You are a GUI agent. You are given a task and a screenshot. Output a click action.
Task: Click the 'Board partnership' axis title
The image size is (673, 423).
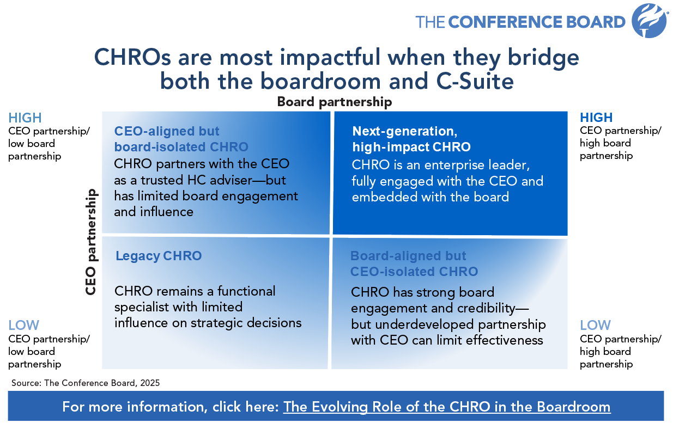click(335, 102)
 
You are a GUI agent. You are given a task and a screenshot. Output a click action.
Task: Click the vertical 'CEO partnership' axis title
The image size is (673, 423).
click(91, 242)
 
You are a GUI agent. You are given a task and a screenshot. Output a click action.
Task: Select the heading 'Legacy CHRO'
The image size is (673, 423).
click(159, 256)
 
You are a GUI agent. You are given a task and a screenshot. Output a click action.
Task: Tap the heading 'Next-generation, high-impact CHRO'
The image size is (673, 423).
click(411, 139)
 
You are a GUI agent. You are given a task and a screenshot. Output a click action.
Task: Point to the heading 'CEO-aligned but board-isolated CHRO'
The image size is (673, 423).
click(181, 139)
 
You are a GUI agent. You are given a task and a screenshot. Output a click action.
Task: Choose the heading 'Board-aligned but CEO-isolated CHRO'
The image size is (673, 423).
click(414, 263)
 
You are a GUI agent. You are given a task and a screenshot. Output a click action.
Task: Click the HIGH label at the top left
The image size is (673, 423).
click(25, 118)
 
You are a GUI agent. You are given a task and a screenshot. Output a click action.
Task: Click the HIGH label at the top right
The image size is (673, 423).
click(596, 118)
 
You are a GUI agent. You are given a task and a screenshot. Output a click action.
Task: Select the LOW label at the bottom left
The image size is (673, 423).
click(24, 326)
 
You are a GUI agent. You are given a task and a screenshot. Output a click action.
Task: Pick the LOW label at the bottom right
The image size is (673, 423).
click(595, 326)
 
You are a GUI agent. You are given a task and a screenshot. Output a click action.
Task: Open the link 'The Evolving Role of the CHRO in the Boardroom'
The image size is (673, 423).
click(447, 407)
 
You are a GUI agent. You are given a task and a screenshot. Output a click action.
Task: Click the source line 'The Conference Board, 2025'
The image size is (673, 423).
click(86, 383)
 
